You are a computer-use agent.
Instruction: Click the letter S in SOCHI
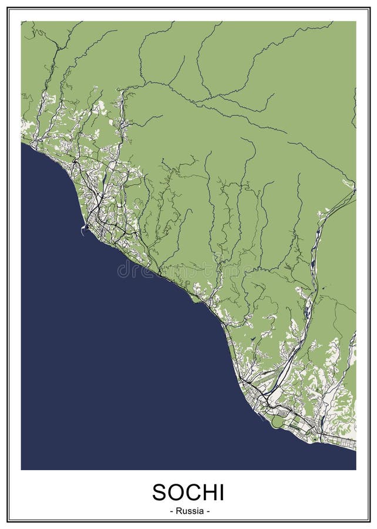point(160,492)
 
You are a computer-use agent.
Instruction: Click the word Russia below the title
point(189,511)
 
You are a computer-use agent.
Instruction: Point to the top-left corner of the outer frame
point(8,8)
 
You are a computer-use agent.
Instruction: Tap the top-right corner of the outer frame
point(369,8)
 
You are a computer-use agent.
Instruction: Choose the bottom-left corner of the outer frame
point(8,521)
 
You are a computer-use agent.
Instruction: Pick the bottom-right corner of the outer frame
point(369,521)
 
